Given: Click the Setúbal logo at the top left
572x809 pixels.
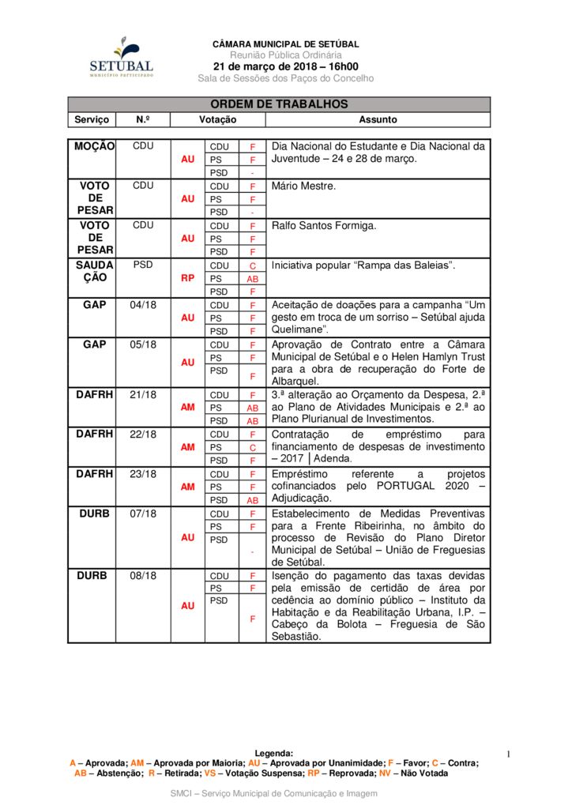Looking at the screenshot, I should tap(121, 57).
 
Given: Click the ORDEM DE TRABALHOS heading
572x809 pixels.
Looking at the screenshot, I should tap(279, 104).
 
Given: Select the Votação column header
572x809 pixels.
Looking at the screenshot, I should tap(217, 119).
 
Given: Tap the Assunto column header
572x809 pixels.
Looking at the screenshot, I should tap(378, 119).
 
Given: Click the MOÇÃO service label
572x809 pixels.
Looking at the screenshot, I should tap(95, 146).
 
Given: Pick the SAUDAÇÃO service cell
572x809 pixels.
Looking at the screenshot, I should tap(95, 271).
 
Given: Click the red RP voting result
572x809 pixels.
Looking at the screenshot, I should tap(187, 278).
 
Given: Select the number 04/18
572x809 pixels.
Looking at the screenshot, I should tap(143, 304).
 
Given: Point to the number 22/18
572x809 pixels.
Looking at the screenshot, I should tap(143, 434).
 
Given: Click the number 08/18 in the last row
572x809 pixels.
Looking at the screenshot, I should tap(143, 576).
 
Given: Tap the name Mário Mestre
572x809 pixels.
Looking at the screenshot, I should tap(304, 186).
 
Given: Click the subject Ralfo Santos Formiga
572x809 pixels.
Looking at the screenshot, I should tap(324, 225).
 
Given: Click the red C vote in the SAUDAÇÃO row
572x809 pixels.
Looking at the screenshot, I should tap(253, 265).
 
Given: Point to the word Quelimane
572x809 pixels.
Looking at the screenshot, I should tap(297, 329).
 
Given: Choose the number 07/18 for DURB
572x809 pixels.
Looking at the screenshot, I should tap(143, 513).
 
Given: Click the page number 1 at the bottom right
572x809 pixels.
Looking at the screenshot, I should tap(510, 754).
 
